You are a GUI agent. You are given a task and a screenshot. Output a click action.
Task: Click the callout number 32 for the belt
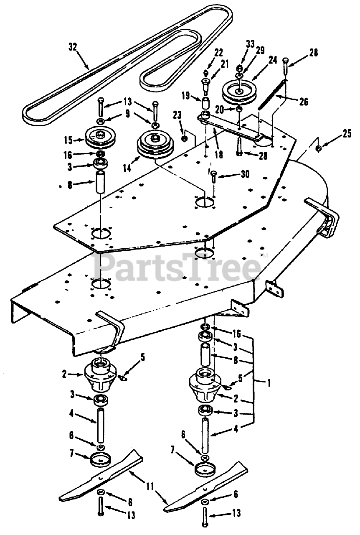(73, 47)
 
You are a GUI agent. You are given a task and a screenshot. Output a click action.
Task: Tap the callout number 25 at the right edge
(347, 134)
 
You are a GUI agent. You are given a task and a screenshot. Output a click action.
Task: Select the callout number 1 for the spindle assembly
(269, 384)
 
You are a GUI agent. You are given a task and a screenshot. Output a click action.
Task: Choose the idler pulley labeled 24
(239, 92)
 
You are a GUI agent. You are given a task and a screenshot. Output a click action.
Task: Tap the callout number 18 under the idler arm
(219, 155)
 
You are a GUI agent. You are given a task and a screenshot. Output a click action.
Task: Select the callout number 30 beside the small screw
(245, 174)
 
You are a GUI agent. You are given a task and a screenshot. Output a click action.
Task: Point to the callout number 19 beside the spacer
(186, 96)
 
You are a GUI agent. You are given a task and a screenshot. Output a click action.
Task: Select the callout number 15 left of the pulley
(68, 140)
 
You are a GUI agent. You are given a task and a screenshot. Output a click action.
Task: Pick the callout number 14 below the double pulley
(127, 168)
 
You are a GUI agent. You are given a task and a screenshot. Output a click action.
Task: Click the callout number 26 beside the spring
(304, 102)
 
